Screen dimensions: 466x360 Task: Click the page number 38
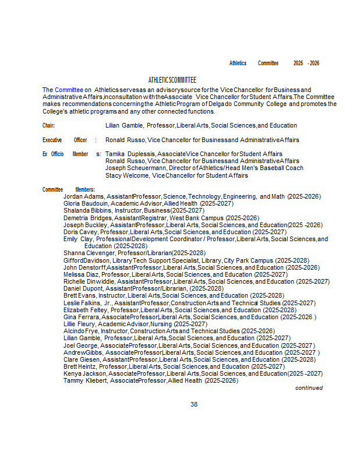[194, 404]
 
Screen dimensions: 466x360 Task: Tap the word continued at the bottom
[309, 388]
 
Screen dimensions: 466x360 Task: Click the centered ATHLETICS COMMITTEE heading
[172, 80]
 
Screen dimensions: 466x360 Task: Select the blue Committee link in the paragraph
[69, 89]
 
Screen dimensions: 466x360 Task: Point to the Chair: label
[48, 125]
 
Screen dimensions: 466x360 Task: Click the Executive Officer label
[65, 140]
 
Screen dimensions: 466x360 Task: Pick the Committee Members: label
[68, 189]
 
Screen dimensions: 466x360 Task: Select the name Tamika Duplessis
[130, 154]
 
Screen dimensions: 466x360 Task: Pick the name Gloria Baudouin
[86, 204]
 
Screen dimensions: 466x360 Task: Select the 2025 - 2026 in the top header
[306, 63]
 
